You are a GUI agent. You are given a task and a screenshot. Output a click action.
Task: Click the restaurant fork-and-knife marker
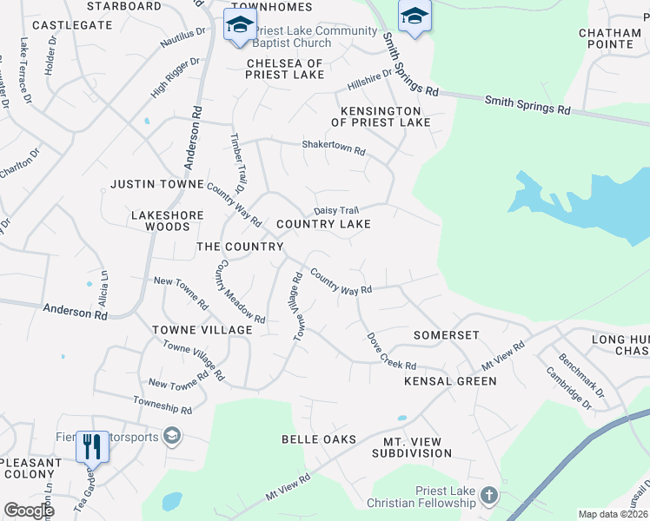coord(90,446)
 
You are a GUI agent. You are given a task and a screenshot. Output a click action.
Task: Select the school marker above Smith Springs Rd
coord(415,16)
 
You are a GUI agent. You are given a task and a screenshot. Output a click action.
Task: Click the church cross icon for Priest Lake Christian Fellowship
coord(489,496)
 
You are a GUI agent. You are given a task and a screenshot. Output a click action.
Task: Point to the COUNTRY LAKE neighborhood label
coord(323,224)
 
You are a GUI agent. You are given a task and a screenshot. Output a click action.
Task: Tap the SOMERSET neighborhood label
coord(447,335)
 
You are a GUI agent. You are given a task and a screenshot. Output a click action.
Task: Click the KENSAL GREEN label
coord(439,381)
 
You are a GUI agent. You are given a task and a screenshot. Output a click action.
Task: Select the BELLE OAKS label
coord(319,439)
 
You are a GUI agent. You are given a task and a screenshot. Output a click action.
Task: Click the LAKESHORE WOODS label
coord(168,221)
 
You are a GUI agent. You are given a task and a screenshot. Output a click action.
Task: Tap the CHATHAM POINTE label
coord(609,38)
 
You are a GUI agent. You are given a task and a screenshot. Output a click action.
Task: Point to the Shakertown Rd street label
coord(334,148)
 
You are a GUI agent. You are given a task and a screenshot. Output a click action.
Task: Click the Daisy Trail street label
coord(336,211)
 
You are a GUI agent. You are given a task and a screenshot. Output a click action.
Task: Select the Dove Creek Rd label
coord(391,352)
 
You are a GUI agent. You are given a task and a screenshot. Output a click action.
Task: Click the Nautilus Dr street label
coord(182,36)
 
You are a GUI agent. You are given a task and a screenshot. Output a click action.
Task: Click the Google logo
coord(29,511)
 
